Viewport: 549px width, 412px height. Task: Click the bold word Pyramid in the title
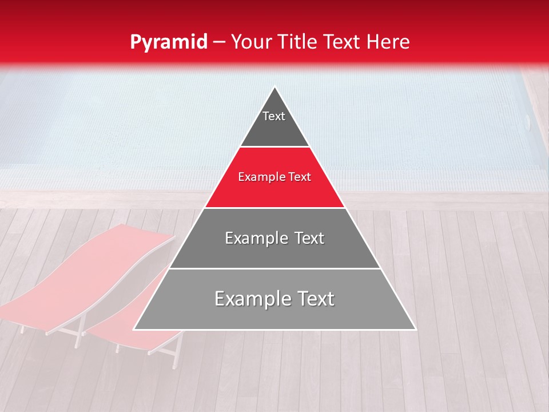[x=168, y=42]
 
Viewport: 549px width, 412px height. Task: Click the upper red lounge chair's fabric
[x=86, y=269]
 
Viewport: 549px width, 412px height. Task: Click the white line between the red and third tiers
[x=274, y=208]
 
